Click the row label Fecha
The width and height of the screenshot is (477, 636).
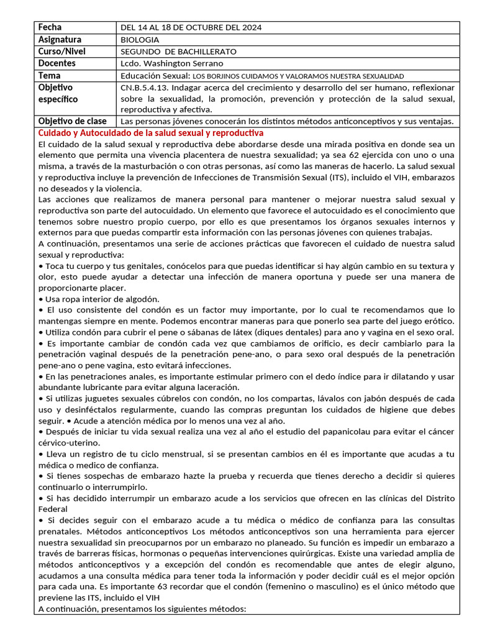tap(50, 27)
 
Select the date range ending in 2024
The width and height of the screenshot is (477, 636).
tap(191, 28)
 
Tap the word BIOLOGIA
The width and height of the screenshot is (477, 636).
tap(141, 40)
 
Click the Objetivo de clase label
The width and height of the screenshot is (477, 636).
tap(72, 121)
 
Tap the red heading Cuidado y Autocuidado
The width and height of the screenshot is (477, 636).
tap(150, 133)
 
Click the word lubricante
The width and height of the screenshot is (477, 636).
tap(91, 388)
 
